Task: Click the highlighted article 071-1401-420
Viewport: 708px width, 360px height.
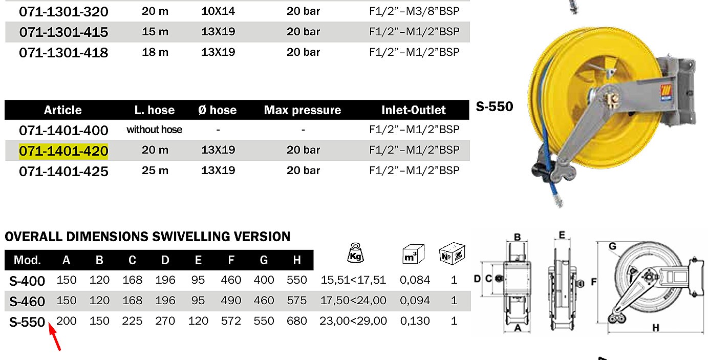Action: click(63, 151)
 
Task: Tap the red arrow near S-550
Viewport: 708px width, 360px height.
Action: click(54, 336)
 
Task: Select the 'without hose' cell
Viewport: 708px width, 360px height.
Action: click(154, 130)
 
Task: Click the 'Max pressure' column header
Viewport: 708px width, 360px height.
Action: click(303, 110)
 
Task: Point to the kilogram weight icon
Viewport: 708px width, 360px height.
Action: click(356, 253)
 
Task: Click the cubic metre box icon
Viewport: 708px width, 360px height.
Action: click(413, 254)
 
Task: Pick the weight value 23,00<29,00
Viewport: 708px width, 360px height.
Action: click(353, 321)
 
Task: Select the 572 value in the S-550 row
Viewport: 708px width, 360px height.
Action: click(231, 321)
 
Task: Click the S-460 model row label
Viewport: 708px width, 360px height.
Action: click(27, 301)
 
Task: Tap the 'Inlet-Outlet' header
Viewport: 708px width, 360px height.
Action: click(414, 110)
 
